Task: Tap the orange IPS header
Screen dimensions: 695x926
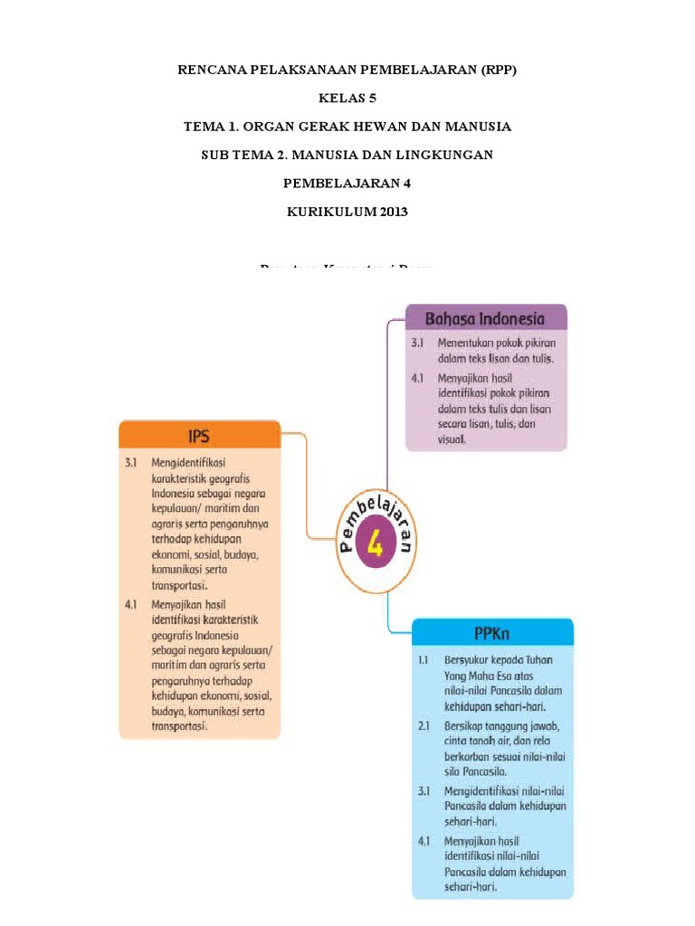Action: [199, 436]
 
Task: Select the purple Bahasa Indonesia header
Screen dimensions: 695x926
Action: [486, 318]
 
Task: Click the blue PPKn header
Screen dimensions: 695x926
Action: [493, 632]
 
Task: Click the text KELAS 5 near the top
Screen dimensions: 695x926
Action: [347, 97]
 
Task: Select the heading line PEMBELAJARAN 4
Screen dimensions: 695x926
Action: [347, 184]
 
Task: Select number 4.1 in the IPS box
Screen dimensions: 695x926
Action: [130, 602]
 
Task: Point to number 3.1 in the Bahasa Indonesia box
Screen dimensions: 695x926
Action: [417, 345]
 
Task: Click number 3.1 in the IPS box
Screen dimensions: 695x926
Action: [130, 461]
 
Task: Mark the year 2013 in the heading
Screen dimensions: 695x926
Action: [389, 213]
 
